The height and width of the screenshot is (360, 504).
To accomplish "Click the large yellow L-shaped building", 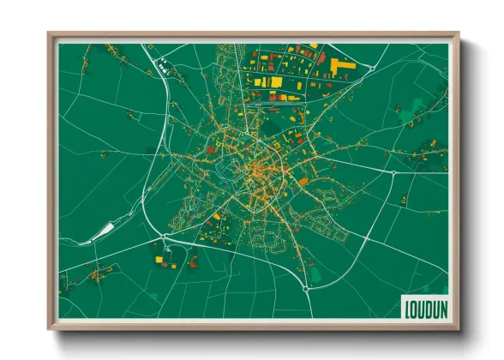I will pyautogui.click(x=336, y=66).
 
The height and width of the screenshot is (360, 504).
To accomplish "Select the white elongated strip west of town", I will pyautogui.click(x=101, y=230).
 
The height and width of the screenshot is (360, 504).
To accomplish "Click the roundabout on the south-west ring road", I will pyautogui.click(x=163, y=237).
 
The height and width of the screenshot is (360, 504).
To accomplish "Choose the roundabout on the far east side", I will pyautogui.click(x=393, y=172).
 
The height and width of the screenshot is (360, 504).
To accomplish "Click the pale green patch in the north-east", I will pyautogui.click(x=417, y=105).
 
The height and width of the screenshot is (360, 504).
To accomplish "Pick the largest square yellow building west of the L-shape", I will pyautogui.click(x=277, y=81).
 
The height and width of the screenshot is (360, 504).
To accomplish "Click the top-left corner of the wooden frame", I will pyautogui.click(x=49, y=34).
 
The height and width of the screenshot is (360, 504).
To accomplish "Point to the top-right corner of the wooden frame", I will pyautogui.click(x=459, y=34).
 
